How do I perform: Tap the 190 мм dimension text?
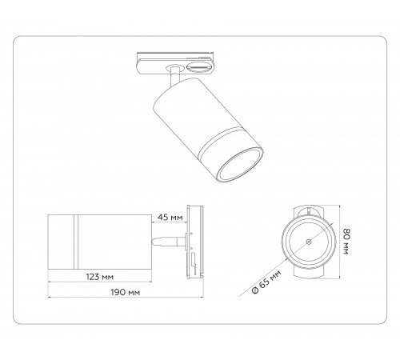[126, 293]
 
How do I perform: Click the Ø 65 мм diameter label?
[266, 282]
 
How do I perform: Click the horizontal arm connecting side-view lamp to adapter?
[169, 239]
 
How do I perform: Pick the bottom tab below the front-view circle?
[306, 273]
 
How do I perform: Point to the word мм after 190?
[134, 293]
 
